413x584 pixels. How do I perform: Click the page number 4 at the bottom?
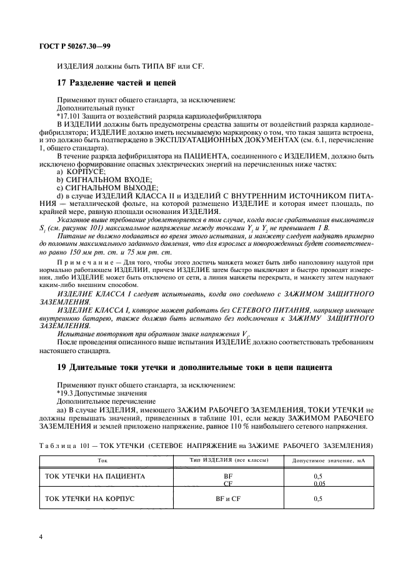[x=40, y=537]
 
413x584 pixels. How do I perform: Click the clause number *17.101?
[x=69, y=115]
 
